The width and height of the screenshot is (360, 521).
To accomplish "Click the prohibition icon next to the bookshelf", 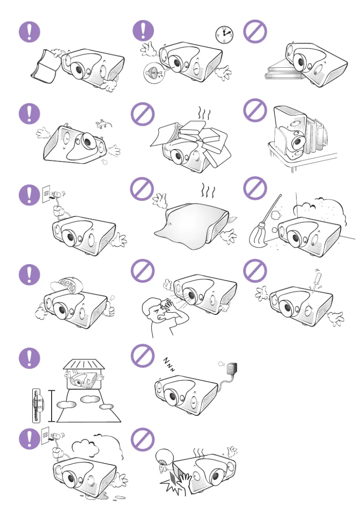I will tap(255, 110).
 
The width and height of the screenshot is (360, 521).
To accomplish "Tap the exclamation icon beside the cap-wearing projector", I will tap(29, 274).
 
